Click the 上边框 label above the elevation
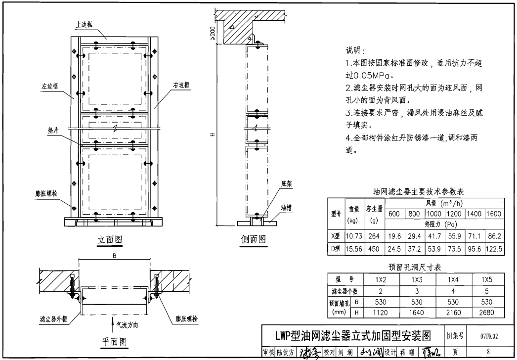point(84,24)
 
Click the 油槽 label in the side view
point(286,208)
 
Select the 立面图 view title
point(110,239)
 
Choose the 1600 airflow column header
point(493,214)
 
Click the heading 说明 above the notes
point(355,51)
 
